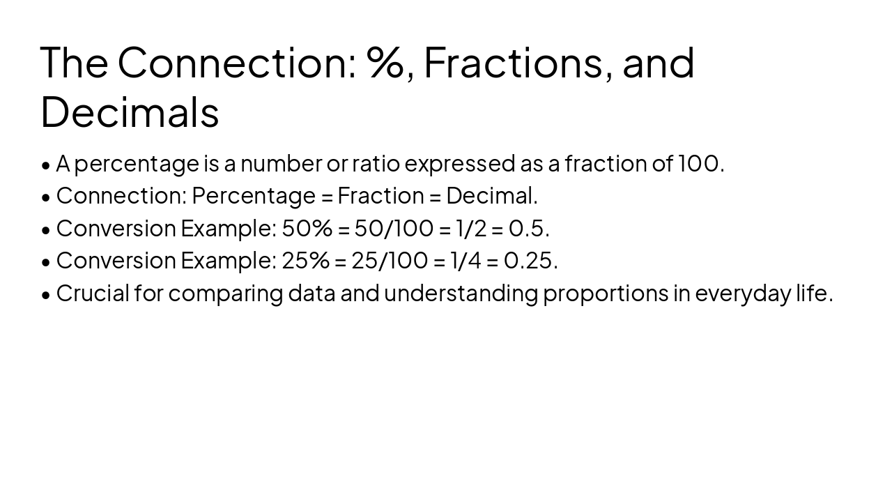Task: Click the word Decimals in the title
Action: [130, 112]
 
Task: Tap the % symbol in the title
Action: [387, 62]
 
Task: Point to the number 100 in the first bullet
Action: [699, 163]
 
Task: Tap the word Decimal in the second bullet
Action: [490, 196]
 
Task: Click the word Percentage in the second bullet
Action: [254, 197]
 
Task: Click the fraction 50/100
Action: [394, 228]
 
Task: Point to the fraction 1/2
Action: [471, 228]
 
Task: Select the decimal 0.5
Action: [527, 228]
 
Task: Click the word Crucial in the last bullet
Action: [93, 293]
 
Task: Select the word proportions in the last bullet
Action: [606, 294]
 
